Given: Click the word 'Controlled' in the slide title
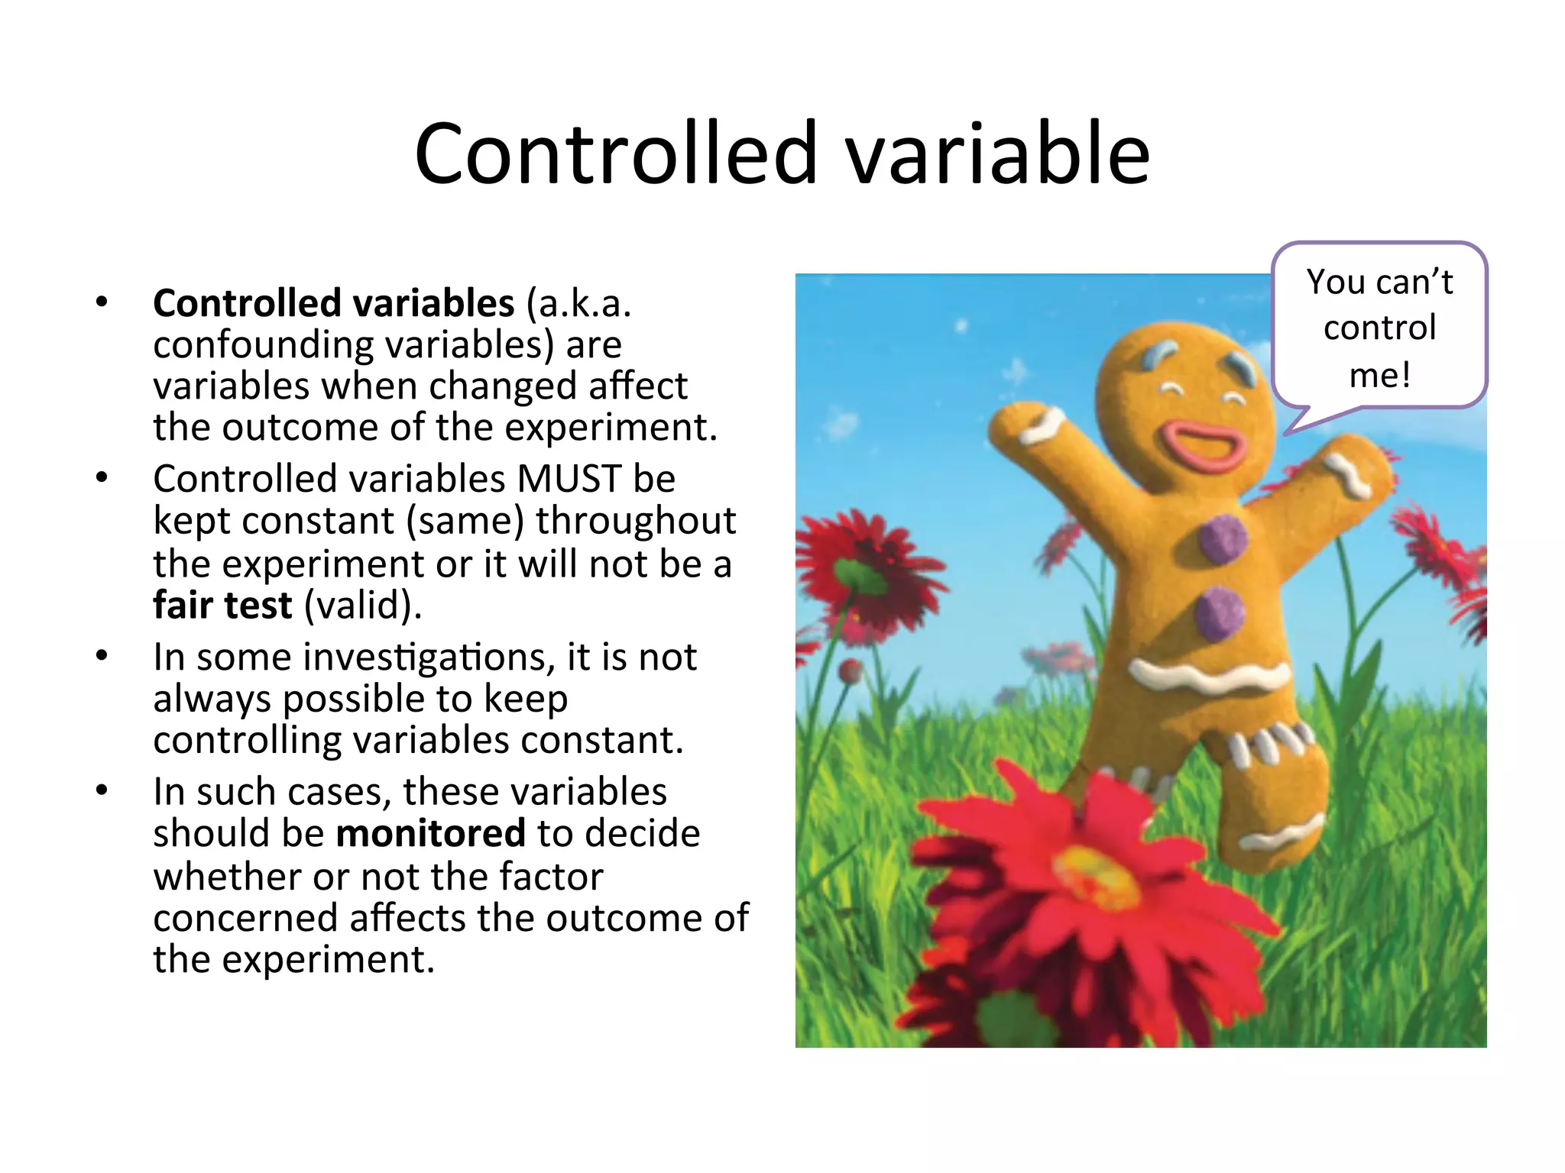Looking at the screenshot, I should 616,154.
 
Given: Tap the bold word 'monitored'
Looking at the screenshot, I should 430,833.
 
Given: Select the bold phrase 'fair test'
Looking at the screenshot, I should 222,606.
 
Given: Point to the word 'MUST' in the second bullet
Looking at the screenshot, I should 569,480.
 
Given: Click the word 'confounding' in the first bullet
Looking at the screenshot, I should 263,344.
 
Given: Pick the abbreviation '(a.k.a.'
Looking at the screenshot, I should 578,303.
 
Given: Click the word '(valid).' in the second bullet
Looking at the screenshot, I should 363,606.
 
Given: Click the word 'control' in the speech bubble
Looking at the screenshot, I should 1379,328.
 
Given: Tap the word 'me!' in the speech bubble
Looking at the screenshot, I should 1379,375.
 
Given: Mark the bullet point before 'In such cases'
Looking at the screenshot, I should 102,790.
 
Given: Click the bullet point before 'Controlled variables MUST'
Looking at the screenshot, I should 102,479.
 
